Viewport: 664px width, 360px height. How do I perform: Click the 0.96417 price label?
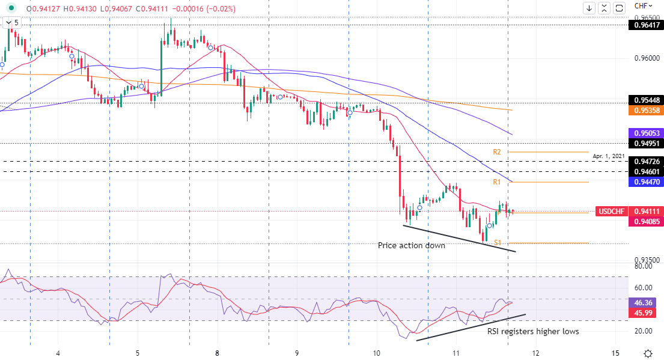(x=645, y=25)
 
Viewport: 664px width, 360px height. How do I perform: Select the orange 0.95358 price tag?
(x=645, y=111)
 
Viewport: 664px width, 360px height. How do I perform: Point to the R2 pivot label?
(x=497, y=152)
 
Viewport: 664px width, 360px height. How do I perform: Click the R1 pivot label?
(x=497, y=182)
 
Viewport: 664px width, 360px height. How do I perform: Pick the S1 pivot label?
(x=498, y=243)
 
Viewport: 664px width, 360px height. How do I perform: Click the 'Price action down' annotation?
(x=412, y=246)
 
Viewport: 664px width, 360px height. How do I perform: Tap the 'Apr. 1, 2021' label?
(x=609, y=156)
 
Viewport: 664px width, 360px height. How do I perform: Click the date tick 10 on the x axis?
(x=377, y=353)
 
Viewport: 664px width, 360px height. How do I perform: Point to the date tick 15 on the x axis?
(x=615, y=353)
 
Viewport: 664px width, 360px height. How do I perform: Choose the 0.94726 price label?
(x=645, y=162)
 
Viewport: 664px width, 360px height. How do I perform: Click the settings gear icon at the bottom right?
(x=648, y=353)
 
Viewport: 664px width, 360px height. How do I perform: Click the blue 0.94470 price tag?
(x=645, y=182)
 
